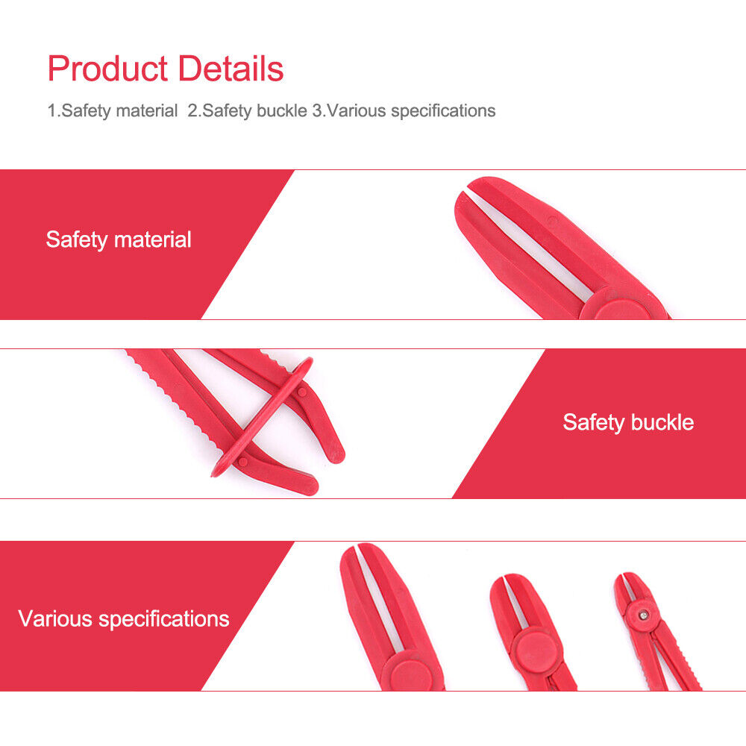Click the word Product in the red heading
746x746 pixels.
click(107, 69)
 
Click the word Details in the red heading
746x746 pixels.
click(231, 69)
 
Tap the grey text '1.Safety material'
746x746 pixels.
click(113, 111)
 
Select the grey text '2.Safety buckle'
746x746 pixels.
click(247, 111)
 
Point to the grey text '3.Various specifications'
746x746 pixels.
click(404, 111)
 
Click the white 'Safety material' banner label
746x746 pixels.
click(119, 239)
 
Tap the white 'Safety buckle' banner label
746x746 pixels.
click(628, 422)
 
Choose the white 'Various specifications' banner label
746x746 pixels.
click(124, 619)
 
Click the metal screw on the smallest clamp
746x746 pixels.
click(643, 615)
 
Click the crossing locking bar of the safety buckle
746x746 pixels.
click(262, 416)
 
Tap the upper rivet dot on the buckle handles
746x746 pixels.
click(301, 392)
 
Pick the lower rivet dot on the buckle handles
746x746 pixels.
click(242, 462)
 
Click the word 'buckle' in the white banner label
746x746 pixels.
click(662, 422)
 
